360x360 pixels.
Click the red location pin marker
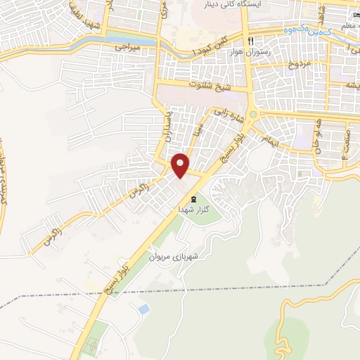coord(181,165)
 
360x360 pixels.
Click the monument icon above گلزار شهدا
coord(193,200)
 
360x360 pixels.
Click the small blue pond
coord(143,309)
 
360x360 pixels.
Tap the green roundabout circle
coord(254,115)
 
